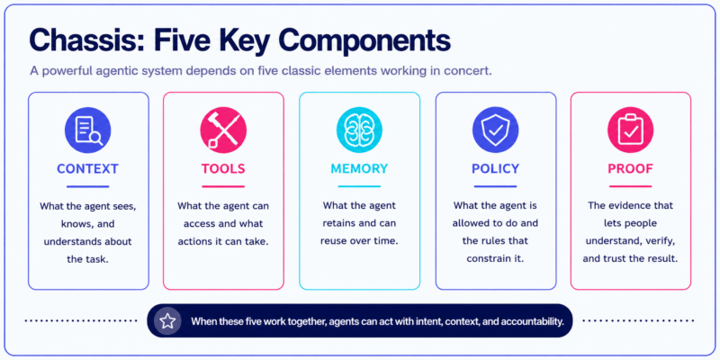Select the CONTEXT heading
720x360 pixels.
87,168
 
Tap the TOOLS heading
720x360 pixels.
223,168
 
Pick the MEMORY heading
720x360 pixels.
359,168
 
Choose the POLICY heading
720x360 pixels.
496,168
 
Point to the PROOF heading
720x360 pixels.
631,168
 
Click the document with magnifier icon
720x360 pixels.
87,130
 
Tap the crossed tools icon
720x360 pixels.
223,130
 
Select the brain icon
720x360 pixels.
359,130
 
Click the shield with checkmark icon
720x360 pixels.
496,130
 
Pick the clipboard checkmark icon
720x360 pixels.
631,130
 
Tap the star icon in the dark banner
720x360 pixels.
167,321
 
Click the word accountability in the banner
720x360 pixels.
530,321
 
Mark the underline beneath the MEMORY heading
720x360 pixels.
359,186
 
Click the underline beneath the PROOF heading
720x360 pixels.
631,186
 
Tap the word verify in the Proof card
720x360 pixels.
660,241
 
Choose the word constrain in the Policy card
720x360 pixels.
487,258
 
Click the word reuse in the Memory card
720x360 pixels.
333,241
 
